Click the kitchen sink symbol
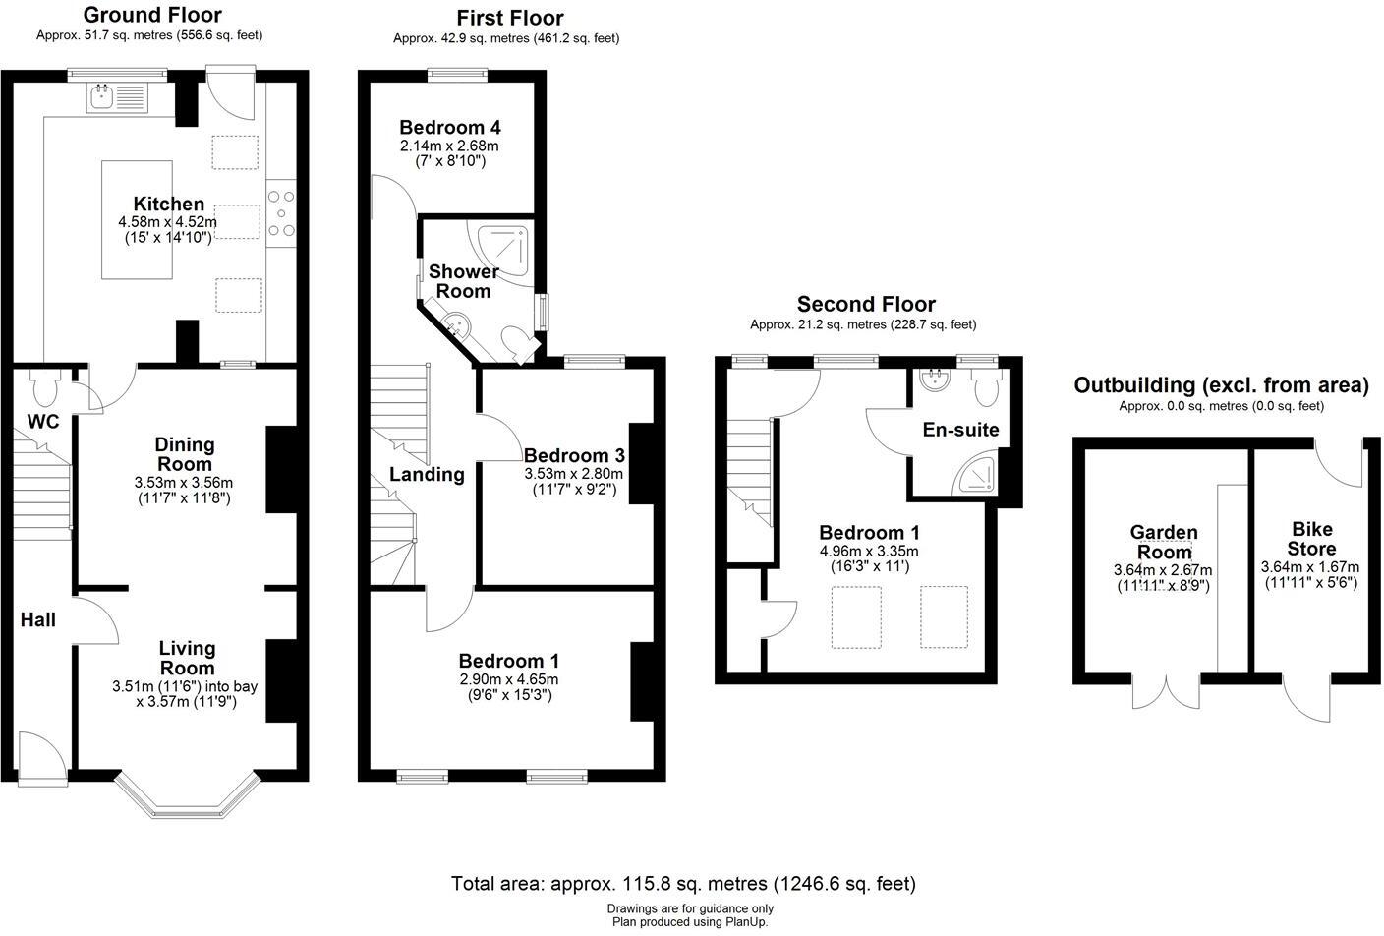(x=116, y=96)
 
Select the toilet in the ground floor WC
(x=44, y=388)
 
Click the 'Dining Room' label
(x=185, y=454)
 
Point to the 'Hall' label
(x=38, y=619)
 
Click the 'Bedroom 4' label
(x=450, y=127)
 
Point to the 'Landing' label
(x=427, y=474)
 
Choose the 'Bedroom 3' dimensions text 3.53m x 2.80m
(x=573, y=473)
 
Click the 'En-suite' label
(x=960, y=429)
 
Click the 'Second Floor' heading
(x=865, y=304)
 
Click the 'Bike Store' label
(x=1311, y=539)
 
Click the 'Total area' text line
(x=683, y=883)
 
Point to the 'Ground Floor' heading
(x=151, y=15)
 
